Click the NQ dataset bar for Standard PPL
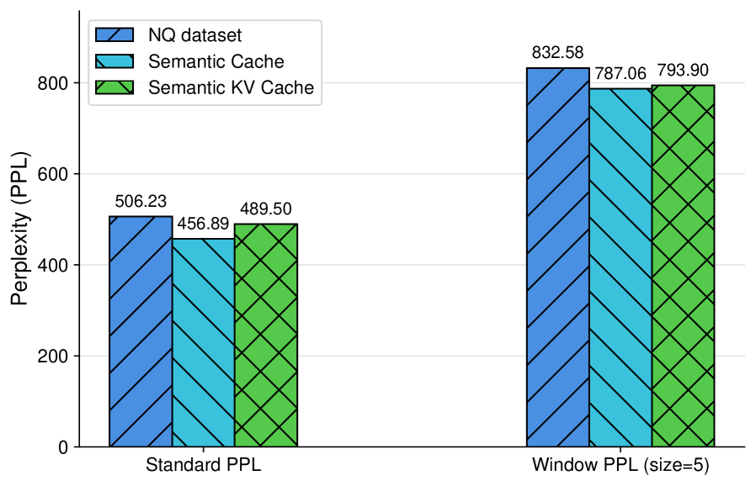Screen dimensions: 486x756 (x=141, y=331)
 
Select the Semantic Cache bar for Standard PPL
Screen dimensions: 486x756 (x=203, y=342)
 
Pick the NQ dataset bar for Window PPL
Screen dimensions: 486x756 (x=557, y=257)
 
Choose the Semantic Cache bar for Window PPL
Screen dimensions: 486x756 (x=620, y=267)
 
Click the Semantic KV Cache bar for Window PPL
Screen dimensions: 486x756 (x=683, y=266)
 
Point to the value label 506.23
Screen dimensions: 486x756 (x=141, y=202)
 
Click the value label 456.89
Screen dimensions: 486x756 (x=203, y=225)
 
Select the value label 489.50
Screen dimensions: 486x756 (x=266, y=209)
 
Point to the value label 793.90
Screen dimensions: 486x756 (x=683, y=71)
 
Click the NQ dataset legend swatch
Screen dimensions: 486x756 (x=114, y=35)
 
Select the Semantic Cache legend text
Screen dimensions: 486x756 (x=216, y=61)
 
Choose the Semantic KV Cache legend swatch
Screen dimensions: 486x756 (x=114, y=87)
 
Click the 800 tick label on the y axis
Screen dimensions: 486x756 (x=54, y=83)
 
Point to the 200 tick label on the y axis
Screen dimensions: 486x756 (x=54, y=357)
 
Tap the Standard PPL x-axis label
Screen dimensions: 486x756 (x=203, y=466)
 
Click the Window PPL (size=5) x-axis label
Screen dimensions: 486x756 (x=620, y=466)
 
